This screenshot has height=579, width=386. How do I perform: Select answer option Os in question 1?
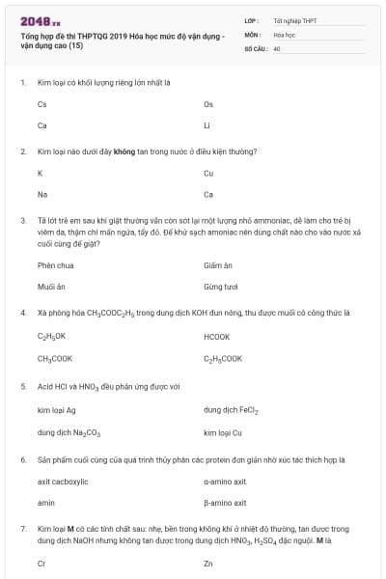pos(208,104)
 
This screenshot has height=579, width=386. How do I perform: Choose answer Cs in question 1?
pos(41,104)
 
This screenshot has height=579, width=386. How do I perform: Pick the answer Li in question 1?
pos(207,125)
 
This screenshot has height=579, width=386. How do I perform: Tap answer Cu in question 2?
pos(208,173)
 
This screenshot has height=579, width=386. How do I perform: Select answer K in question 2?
pos(40,173)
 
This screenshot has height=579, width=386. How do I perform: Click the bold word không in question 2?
pos(124,152)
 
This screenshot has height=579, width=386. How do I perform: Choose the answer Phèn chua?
pos(55,265)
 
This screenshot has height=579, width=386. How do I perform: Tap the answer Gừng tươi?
pos(220,287)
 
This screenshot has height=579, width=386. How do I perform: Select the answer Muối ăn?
pos(51,287)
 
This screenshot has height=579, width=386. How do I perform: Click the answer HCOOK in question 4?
pos(217,337)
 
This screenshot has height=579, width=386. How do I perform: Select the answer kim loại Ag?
pos(56,409)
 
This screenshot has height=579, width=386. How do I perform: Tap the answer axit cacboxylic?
pos(63,481)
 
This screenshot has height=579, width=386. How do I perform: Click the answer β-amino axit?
pos(225,502)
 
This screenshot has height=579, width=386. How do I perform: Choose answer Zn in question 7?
pos(208,562)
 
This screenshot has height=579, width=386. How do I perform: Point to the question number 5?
pos(22,386)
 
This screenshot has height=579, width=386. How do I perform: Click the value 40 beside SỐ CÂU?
pos(277,47)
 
